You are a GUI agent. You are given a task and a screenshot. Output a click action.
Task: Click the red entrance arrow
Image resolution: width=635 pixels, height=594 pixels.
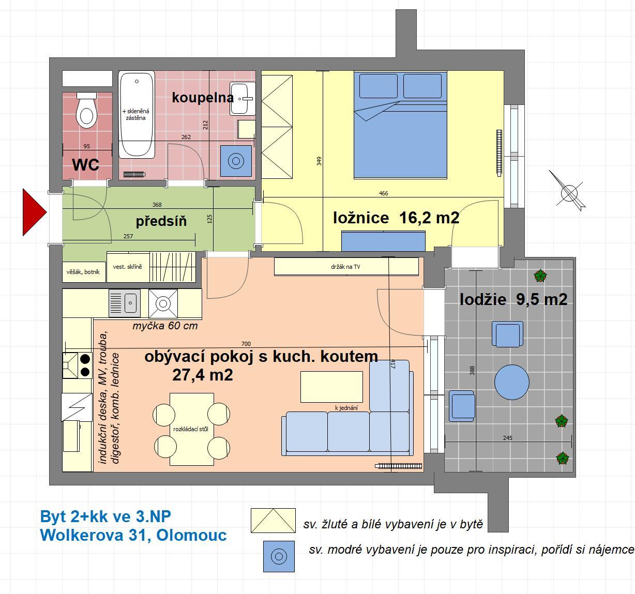click(34, 212)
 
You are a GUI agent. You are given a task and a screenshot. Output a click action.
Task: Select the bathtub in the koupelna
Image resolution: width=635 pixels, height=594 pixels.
click(137, 115)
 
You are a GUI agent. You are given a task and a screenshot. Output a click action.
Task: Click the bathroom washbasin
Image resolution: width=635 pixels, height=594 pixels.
click(243, 98)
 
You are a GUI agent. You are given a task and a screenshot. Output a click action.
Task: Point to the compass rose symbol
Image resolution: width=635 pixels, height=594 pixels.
click(568, 192)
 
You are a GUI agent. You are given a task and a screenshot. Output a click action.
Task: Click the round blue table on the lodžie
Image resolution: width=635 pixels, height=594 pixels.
click(511, 382)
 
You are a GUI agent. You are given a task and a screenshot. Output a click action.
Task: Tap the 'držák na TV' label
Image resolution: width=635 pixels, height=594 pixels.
click(345, 267)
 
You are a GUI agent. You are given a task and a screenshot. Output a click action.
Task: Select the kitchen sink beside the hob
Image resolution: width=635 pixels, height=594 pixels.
click(125, 303)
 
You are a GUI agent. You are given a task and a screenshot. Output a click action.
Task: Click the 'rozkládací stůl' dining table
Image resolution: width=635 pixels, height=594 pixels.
click(191, 429)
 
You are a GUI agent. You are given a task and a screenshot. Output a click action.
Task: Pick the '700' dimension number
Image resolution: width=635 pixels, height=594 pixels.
click(246, 344)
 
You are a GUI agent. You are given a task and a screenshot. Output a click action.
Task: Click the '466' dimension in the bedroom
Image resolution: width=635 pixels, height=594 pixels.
click(383, 193)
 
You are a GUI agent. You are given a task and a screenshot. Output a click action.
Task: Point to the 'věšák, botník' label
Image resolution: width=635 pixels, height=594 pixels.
click(83, 272)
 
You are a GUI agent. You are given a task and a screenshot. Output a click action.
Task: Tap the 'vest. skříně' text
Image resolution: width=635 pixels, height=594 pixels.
click(127, 267)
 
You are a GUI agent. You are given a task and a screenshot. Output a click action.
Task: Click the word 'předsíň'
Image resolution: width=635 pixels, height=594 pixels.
click(161, 221)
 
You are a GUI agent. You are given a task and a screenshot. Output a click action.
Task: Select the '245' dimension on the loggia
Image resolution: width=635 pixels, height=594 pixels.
click(507, 438)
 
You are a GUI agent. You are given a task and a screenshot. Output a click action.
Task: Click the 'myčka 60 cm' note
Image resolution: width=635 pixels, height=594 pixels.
click(165, 326)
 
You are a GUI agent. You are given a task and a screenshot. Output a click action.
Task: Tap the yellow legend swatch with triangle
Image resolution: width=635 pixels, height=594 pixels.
click(273, 521)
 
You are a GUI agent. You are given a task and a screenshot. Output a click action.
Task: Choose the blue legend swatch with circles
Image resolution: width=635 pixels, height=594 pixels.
click(279, 556)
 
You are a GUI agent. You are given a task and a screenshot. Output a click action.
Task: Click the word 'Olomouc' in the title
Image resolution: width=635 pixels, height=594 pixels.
click(191, 535)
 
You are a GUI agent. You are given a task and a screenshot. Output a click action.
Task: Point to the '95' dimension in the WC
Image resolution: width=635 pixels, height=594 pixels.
click(87, 146)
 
